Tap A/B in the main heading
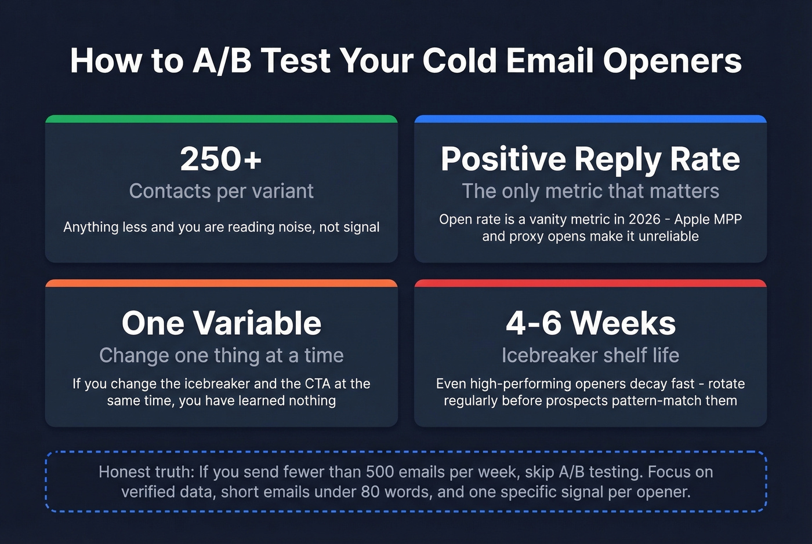222,60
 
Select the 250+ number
221,159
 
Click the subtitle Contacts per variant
221,191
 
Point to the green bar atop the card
221,119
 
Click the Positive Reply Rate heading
590,159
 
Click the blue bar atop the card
590,119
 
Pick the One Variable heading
221,323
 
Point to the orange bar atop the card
221,283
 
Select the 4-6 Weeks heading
590,323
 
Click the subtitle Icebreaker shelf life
590,355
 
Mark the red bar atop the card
590,283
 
